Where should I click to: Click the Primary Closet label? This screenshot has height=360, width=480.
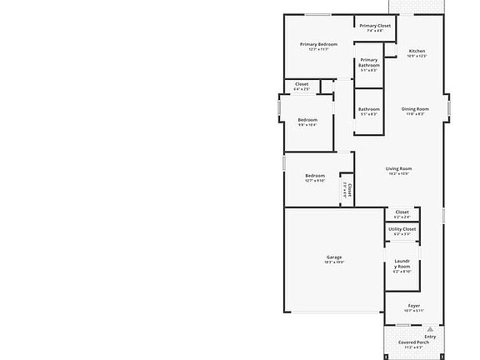pos(375,26)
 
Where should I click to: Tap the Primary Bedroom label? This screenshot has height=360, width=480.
pos(318,44)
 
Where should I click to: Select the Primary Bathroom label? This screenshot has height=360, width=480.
pos(368,62)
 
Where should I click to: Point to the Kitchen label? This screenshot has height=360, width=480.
pos(417,52)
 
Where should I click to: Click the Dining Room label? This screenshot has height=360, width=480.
pos(415,109)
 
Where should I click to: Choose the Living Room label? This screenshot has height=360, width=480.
pos(398,168)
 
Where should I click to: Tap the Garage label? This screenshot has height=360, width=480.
pos(333,257)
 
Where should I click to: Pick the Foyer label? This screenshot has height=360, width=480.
pos(414,305)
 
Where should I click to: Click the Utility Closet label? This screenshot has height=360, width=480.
pos(402,228)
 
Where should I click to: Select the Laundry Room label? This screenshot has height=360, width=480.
pos(402,264)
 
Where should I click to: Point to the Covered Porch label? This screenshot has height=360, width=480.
pos(413,342)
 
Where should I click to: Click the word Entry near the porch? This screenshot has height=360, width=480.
pos(430,337)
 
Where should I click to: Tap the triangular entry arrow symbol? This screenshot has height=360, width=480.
pos(430,329)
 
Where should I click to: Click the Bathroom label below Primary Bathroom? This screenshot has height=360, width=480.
pos(368,109)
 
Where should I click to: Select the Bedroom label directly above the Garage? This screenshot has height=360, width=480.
pos(314,175)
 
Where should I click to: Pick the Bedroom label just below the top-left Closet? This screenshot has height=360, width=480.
pos(307,120)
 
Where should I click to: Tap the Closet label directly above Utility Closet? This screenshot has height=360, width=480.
pos(402,212)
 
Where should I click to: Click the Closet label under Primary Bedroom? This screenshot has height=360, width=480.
pos(302,84)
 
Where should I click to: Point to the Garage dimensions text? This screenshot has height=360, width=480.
pos(333,262)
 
